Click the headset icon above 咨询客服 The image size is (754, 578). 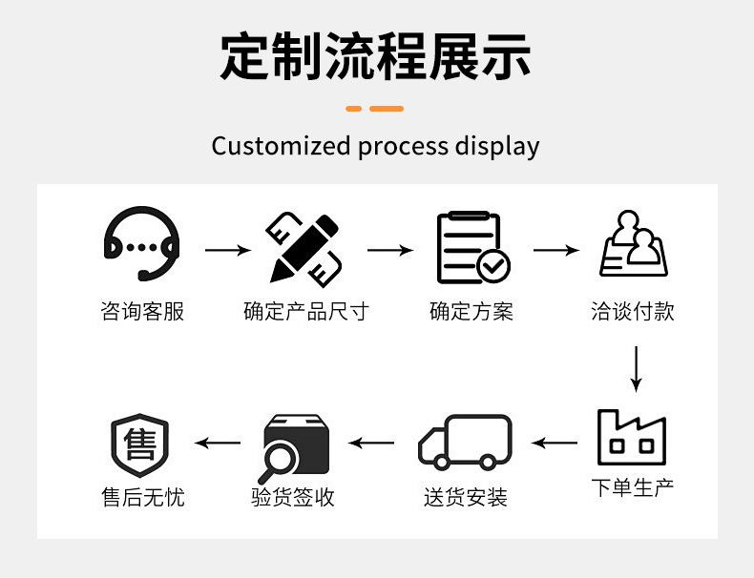pyautogui.click(x=141, y=245)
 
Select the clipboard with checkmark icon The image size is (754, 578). pyautogui.click(x=471, y=248)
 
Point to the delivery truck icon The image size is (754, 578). pyautogui.click(x=465, y=443)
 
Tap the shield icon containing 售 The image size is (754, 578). pyautogui.click(x=140, y=444)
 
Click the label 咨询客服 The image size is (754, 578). pyautogui.click(x=142, y=312)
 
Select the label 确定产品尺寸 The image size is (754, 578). pyautogui.click(x=305, y=312)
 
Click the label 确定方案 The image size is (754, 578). pyautogui.click(x=471, y=312)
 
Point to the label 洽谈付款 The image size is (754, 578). pyautogui.click(x=633, y=312)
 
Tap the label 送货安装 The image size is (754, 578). pyautogui.click(x=466, y=497)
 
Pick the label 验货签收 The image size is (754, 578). pyautogui.click(x=293, y=497)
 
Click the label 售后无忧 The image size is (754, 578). pyautogui.click(x=142, y=497)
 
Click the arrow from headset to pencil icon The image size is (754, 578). pyautogui.click(x=228, y=251)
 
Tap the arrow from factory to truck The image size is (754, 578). pyautogui.click(x=555, y=443)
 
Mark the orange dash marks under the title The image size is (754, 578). pyautogui.click(x=375, y=108)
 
